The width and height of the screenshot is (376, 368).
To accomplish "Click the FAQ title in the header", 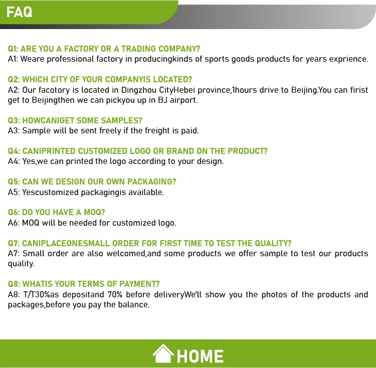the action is (x=20, y=12).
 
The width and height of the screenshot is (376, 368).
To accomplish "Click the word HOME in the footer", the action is (x=200, y=356).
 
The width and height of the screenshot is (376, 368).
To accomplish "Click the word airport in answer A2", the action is (x=183, y=100).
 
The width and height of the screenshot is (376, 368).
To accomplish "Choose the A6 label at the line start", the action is (x=14, y=223).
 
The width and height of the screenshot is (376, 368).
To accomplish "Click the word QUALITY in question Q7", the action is (x=273, y=243).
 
